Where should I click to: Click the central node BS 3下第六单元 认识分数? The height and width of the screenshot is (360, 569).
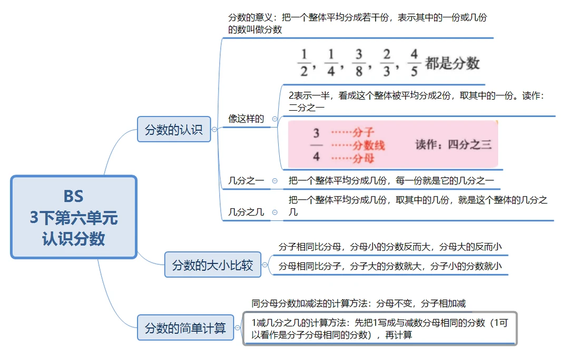pos(74,217)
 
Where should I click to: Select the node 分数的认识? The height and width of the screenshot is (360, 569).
pos(174,129)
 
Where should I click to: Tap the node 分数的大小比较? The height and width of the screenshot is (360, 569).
pos(213,265)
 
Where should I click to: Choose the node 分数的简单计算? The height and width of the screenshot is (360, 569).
pos(185,328)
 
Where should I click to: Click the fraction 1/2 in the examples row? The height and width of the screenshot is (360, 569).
pos(304,63)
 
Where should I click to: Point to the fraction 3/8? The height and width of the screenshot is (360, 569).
pos(360,63)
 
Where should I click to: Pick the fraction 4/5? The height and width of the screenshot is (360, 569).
pos(414,63)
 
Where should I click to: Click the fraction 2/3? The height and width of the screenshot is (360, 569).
pos(387,63)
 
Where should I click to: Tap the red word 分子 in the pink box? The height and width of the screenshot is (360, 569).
pos(363,132)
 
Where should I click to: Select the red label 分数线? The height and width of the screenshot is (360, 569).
pos(368,145)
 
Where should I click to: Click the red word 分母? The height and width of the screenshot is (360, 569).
pos(363,158)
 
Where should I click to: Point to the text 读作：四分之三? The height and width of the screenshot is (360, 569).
pos(453,144)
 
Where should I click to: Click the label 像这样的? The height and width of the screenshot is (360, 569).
pos(246,119)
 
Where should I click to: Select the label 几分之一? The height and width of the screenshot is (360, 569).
pos(246,181)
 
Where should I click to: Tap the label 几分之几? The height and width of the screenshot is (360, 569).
pos(246,212)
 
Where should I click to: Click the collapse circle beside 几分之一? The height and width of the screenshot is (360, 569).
pos(274,181)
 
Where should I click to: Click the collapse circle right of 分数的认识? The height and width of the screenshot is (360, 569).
pos(214,129)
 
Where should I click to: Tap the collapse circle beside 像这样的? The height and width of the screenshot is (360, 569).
pos(274,119)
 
